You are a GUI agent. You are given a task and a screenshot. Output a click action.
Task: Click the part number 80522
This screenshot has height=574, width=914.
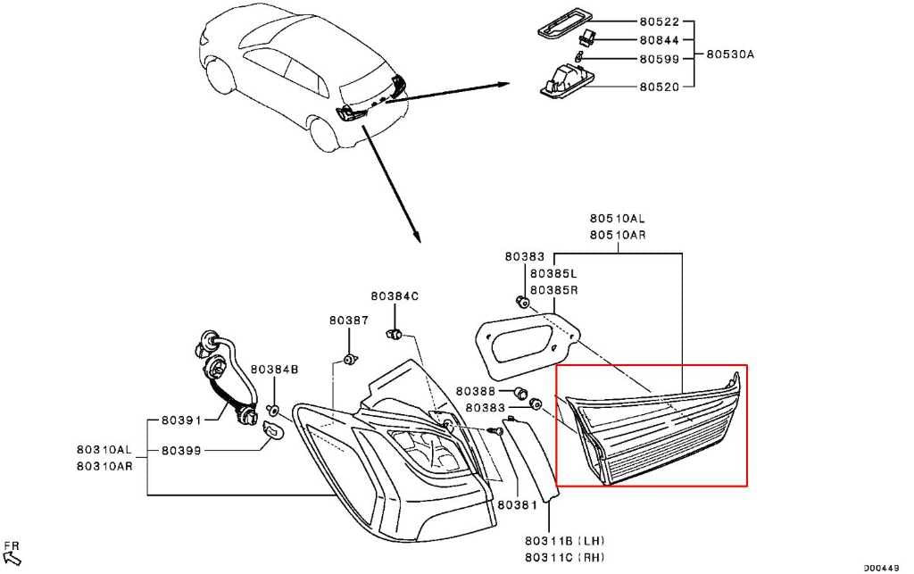tap(659, 21)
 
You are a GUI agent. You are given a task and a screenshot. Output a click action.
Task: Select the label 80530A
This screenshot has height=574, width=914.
tap(730, 54)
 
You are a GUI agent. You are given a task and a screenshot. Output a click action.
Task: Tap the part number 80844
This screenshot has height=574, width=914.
tap(659, 40)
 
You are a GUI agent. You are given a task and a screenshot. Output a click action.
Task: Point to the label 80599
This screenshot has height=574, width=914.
tap(659, 59)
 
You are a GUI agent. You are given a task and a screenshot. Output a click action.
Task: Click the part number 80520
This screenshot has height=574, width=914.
tap(659, 87)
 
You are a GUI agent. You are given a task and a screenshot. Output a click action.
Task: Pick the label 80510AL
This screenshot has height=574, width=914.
tap(618, 219)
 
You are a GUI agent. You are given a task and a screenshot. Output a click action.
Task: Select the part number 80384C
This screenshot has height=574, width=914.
tap(395, 296)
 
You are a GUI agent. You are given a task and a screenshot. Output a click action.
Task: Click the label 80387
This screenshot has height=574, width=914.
tap(349, 320)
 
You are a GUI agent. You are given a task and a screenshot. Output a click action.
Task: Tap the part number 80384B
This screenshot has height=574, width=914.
tap(275, 369)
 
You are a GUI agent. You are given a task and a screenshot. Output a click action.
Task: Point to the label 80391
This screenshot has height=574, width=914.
tap(181, 420)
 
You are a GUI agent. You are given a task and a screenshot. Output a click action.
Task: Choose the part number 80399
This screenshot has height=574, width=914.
tap(181, 451)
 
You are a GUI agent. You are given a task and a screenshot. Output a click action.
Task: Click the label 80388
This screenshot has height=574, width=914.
tap(475, 391)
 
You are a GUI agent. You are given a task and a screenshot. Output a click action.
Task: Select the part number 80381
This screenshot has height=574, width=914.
tap(517, 505)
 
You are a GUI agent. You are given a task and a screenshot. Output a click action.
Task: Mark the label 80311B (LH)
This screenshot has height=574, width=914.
tap(564, 541)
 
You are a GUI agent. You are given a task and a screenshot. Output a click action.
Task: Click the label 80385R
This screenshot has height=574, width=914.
tap(553, 289)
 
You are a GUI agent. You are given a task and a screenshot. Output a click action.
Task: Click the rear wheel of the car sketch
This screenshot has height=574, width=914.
tap(324, 134)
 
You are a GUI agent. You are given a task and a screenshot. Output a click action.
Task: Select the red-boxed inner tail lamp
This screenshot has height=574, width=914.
tap(652, 428)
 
